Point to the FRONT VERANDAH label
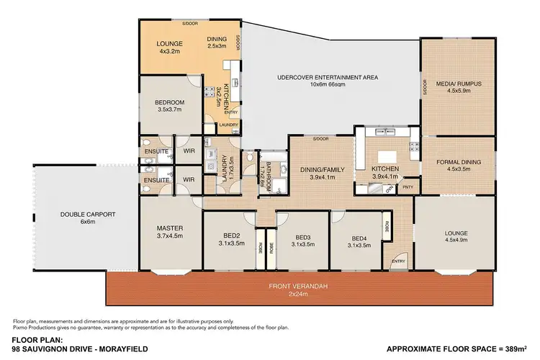[299, 287]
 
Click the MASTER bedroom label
[171, 228]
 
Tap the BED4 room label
[359, 238]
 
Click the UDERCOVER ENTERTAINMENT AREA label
[328, 77]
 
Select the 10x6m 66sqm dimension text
[328, 85]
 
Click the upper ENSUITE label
[156, 151]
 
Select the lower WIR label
[189, 179]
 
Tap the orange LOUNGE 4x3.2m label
[171, 48]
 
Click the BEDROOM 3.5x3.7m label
[171, 107]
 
